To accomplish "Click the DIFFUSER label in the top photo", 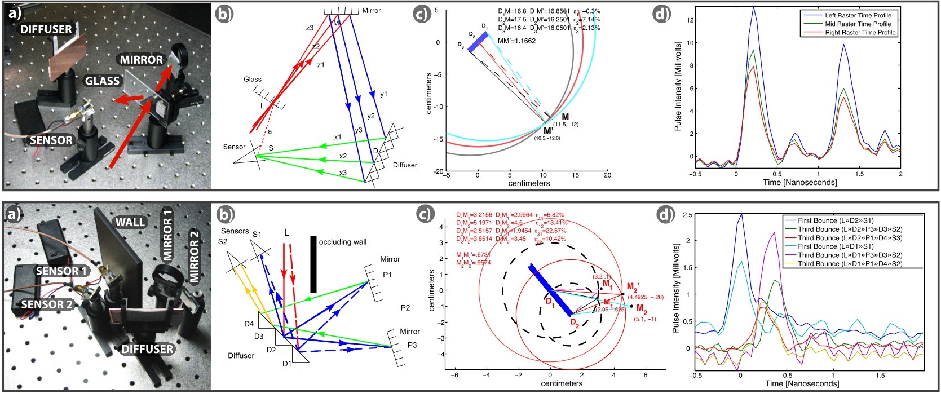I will pyautogui.click(x=46, y=29).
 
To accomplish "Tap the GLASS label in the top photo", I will pyautogui.click(x=102, y=81).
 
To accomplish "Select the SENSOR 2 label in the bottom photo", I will pyautogui.click(x=47, y=304).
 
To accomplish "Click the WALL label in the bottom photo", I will pyautogui.click(x=130, y=222).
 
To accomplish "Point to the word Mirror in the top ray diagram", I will pyautogui.click(x=372, y=10).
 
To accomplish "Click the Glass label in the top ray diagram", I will pyautogui.click(x=253, y=79).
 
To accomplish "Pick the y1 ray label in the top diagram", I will pyautogui.click(x=383, y=94).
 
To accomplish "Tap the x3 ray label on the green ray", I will pyautogui.click(x=343, y=173).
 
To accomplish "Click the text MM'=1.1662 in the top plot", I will pyautogui.click(x=516, y=41).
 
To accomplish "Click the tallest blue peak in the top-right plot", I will pyautogui.click(x=754, y=8).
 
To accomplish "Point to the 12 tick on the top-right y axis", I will pyautogui.click(x=689, y=20).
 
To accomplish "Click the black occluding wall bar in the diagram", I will pyautogui.click(x=313, y=264).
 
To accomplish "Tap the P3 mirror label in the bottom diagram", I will pyautogui.click(x=412, y=345).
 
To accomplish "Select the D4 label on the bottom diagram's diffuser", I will pyautogui.click(x=249, y=324).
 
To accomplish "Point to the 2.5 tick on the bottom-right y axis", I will pyautogui.click(x=687, y=215).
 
